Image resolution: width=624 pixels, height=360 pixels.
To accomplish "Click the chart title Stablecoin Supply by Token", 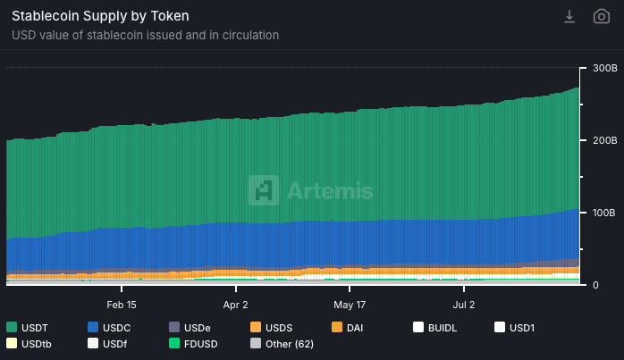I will pos(100,16).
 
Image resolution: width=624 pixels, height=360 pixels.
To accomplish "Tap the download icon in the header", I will pos(569,16).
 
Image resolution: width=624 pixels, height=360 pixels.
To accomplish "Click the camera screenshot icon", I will pos(602,16).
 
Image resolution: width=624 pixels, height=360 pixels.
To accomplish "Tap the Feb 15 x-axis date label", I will pos(122,304).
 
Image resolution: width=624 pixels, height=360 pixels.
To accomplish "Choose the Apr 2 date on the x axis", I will pos(236,304).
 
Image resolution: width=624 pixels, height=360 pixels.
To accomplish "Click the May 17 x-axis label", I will pos(350,304).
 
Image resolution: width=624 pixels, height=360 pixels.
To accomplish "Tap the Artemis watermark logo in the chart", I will pos(311,190).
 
